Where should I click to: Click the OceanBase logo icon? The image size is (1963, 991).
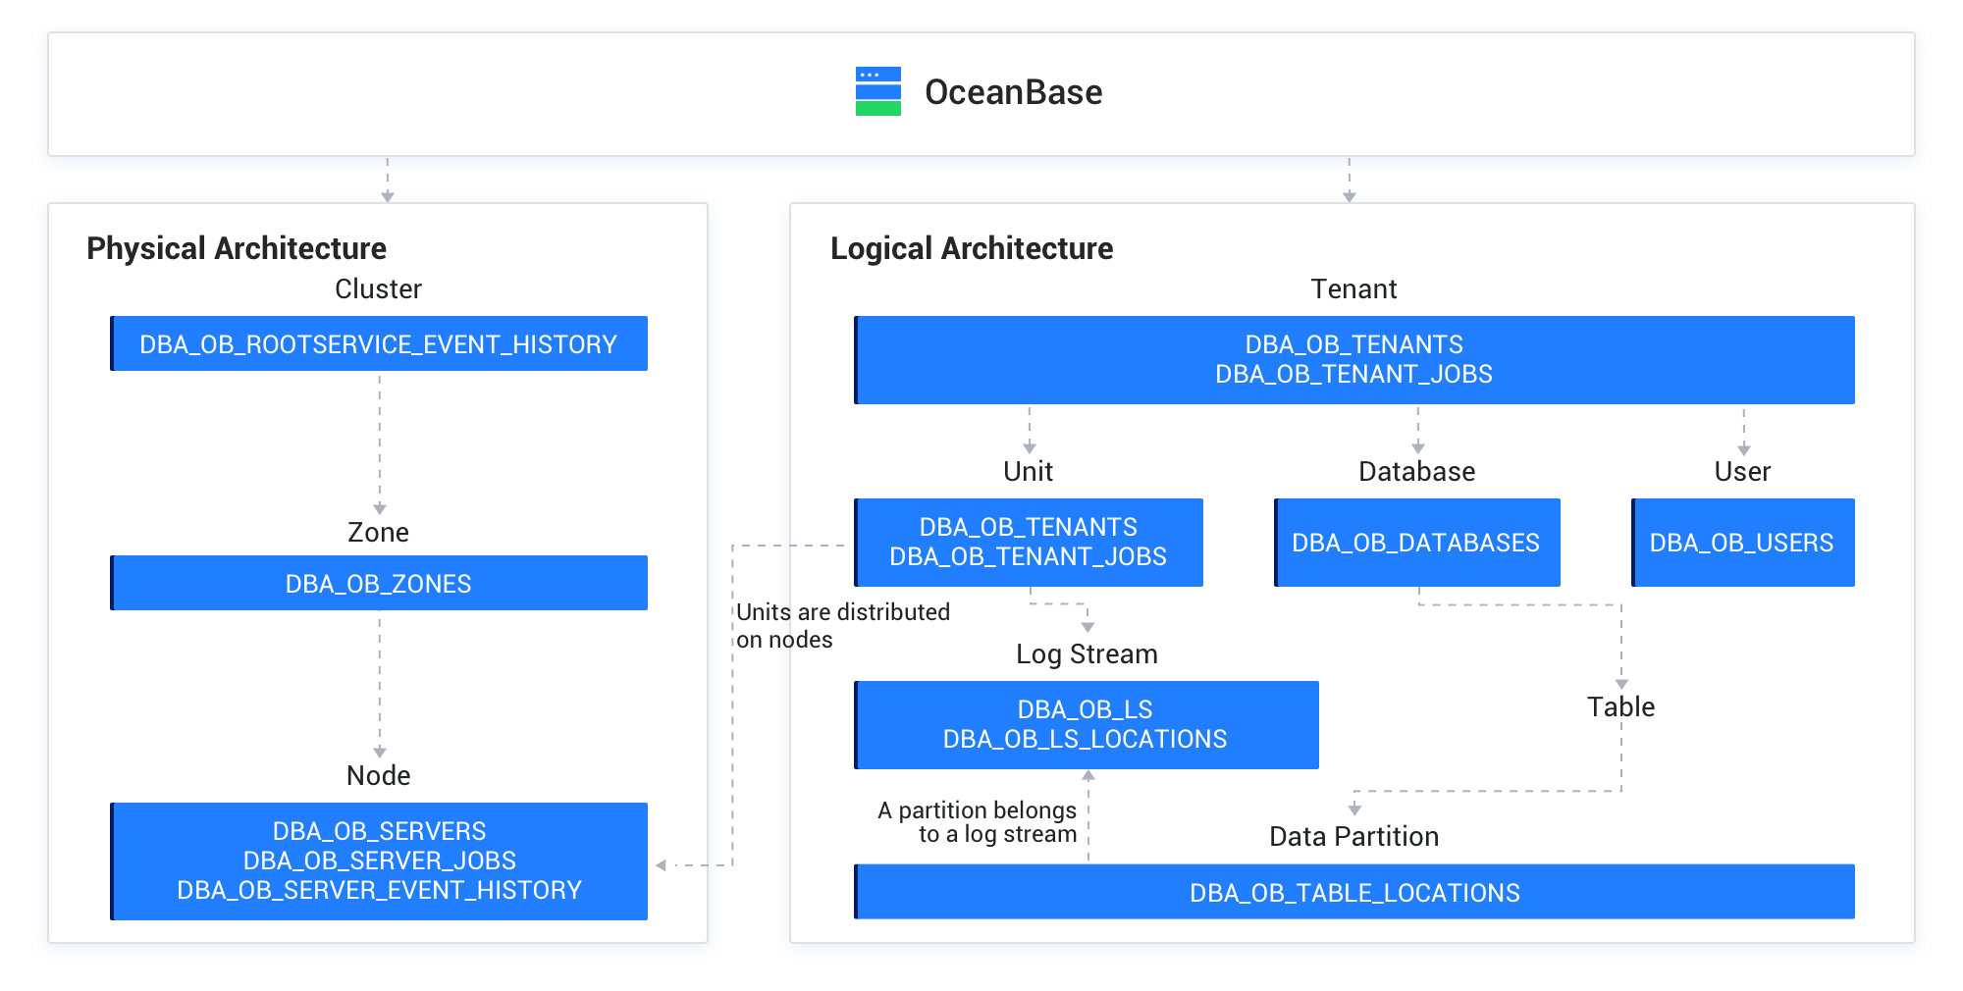click(877, 91)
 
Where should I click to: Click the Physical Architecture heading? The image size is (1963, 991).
click(237, 248)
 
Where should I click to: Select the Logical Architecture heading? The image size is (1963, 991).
click(971, 248)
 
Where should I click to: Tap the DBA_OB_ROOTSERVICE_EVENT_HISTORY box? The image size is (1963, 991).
click(379, 344)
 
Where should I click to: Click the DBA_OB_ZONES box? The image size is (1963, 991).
click(379, 584)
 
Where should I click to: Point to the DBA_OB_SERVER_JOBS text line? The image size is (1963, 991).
click(379, 861)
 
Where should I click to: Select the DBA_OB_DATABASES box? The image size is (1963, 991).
click(1416, 543)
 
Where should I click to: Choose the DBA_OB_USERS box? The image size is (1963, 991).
click(1742, 543)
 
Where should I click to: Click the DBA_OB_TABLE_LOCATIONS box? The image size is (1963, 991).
click(1354, 892)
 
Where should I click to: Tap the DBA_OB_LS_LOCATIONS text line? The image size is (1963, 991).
click(1085, 739)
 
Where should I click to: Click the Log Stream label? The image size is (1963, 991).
click(1087, 654)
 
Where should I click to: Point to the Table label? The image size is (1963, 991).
click(1620, 706)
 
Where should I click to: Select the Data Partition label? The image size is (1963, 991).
click(1353, 836)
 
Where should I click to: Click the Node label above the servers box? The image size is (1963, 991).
click(378, 775)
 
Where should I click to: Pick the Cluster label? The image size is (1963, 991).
click(378, 288)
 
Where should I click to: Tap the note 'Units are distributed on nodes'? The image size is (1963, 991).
click(842, 626)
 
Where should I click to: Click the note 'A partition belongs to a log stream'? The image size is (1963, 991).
click(978, 822)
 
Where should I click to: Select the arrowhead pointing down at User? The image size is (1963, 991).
click(1743, 448)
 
